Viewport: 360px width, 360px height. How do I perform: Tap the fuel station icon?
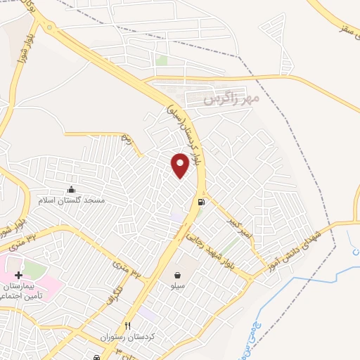pos(202,202)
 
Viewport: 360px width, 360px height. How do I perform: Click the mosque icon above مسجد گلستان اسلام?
pos(71,189)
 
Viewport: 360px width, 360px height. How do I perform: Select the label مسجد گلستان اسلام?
pos(71,200)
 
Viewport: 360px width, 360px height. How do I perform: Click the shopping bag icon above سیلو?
pos(177,275)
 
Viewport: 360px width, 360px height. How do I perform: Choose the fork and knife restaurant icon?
pos(127,326)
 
